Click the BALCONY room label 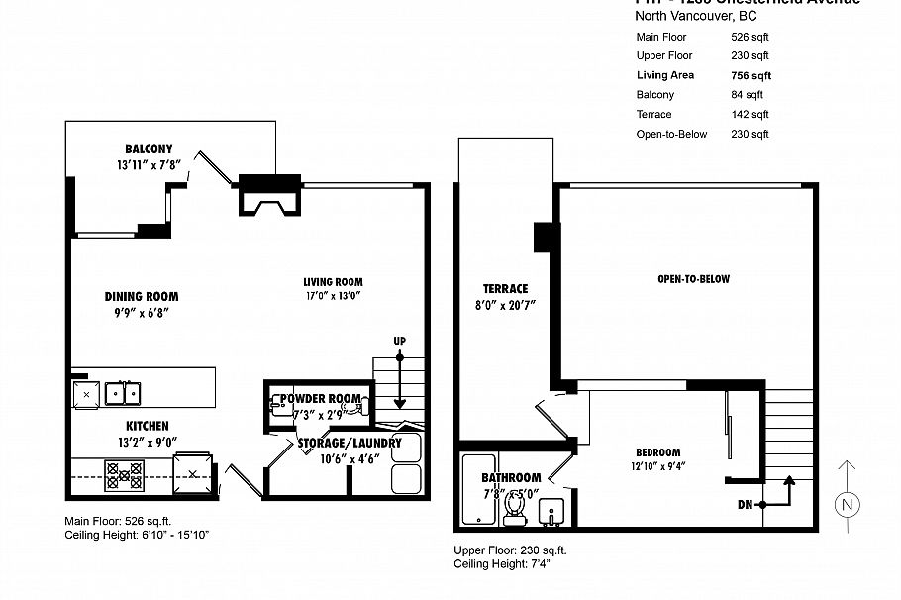tap(149, 149)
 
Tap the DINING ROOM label tap(142, 296)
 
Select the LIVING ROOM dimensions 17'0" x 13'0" tap(333, 295)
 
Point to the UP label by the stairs tap(400, 342)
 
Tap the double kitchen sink tap(123, 392)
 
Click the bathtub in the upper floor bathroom tap(477, 489)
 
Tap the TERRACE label tap(505, 289)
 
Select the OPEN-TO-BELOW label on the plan tap(693, 279)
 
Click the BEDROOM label tap(657, 452)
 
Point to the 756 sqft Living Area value tap(751, 75)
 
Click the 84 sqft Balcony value tap(747, 95)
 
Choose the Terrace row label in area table tap(653, 115)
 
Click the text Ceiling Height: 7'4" tap(501, 565)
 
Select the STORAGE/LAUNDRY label tap(350, 443)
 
